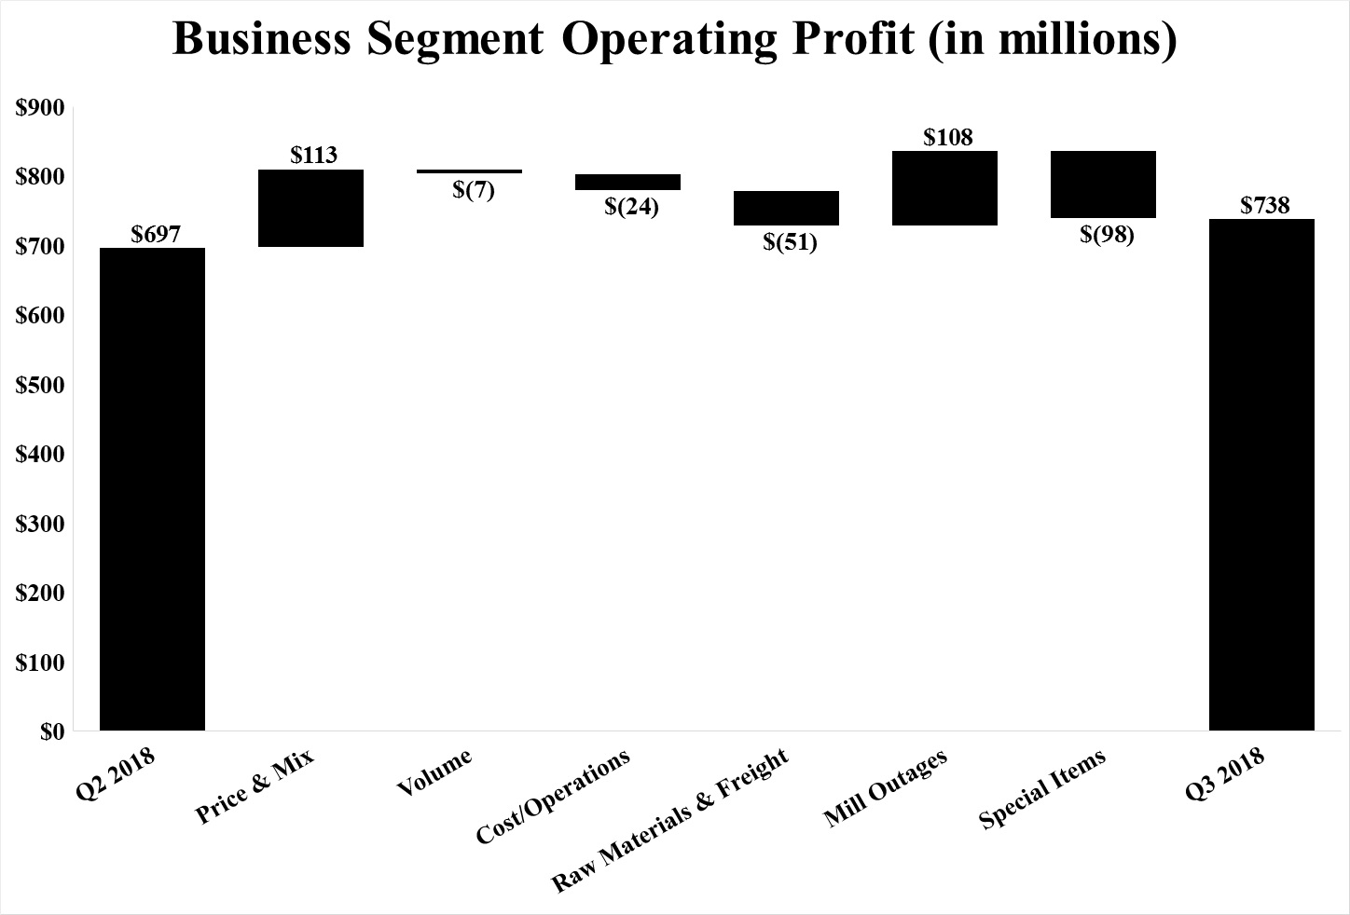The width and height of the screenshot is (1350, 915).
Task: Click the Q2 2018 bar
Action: pos(152,488)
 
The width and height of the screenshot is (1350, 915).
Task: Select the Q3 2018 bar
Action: pos(1261,474)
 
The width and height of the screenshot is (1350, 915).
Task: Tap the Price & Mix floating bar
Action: pos(310,208)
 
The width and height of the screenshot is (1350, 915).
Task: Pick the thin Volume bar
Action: pos(469,171)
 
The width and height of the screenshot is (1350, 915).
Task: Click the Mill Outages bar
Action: pos(944,187)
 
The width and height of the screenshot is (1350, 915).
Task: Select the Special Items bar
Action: pos(1103,184)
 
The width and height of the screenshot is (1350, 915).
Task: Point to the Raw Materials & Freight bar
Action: pos(786,208)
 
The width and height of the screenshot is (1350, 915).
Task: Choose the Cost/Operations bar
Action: pos(627,182)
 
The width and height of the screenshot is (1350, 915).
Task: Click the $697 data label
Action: pos(155,234)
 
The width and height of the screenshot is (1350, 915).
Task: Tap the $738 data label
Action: pos(1265,205)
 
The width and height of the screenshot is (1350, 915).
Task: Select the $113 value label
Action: pos(313,155)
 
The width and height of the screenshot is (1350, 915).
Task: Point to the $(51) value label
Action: pos(790,243)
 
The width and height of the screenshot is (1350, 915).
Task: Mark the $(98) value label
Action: pos(1107,235)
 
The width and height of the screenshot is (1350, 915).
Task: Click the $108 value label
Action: pos(948,137)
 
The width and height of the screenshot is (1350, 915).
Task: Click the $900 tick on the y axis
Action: pos(40,107)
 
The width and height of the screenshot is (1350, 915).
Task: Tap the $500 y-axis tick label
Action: pos(40,385)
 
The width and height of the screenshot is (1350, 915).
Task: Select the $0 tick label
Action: pos(52,732)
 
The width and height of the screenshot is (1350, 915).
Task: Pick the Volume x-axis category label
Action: pos(434,772)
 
